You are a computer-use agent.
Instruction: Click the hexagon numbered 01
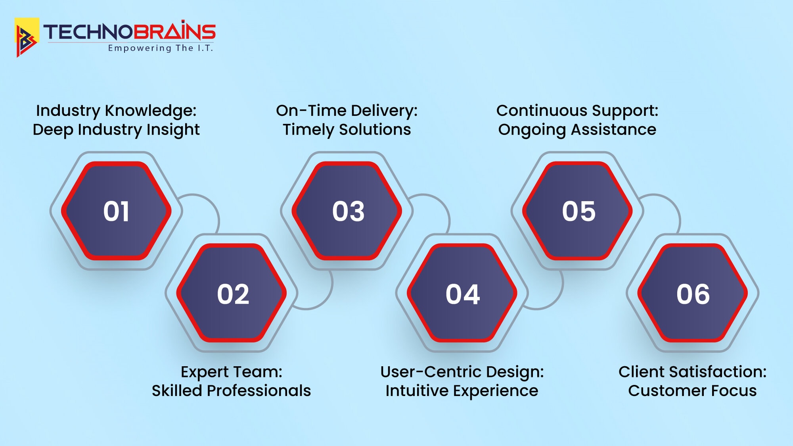116,211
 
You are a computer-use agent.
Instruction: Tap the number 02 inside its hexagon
233,294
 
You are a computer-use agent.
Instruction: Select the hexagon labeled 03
348,211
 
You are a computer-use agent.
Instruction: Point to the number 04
463,294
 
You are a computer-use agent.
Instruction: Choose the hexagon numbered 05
578,211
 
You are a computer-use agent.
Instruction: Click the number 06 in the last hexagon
693,294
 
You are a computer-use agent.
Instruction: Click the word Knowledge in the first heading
151,111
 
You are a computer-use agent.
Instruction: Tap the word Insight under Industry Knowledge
173,130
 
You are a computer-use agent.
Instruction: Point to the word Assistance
613,130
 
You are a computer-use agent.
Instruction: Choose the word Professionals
259,391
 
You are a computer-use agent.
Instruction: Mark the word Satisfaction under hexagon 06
718,372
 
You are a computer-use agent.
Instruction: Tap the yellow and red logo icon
27,37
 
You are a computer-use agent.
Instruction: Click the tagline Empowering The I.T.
161,48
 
